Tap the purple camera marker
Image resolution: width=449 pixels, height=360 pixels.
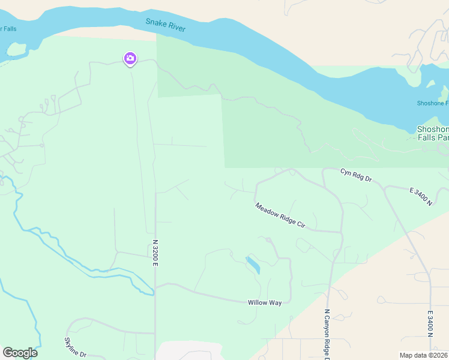click(130, 59)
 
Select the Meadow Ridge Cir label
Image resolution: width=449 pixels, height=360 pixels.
click(280, 215)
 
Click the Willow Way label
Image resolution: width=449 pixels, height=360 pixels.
click(265, 303)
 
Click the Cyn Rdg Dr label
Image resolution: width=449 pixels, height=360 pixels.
click(357, 175)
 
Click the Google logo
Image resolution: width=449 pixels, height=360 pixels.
click(20, 353)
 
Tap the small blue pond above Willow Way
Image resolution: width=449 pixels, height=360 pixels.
click(253, 265)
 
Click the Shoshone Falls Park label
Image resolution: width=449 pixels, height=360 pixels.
click(433, 133)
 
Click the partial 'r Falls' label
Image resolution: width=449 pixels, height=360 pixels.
click(9, 29)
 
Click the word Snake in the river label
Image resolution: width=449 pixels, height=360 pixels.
click(156, 23)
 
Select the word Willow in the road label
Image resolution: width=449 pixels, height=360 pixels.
click(258, 303)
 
